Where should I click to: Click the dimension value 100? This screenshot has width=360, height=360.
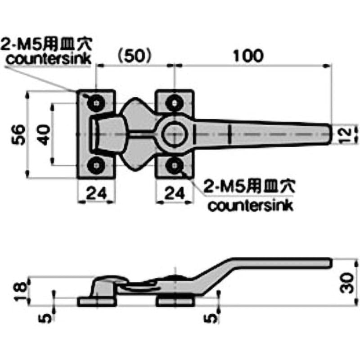248,56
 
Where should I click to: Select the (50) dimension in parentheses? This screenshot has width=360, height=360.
134,56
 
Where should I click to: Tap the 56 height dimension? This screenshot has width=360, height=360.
18,135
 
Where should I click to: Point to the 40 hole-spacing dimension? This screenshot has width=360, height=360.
44,135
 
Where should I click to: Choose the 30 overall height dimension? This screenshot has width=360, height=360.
346,283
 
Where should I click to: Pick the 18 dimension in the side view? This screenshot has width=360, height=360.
20,292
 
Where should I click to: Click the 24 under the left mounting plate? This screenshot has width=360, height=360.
96,193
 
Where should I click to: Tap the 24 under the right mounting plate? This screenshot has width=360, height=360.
175,193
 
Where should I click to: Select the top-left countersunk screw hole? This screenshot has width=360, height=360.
96,103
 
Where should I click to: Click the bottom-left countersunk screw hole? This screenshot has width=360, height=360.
96,165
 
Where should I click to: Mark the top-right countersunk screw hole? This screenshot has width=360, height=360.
175,103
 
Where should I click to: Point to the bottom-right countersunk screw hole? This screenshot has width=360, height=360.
175,165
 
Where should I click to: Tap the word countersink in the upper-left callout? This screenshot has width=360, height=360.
49,59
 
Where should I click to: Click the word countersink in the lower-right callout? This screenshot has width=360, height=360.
251,206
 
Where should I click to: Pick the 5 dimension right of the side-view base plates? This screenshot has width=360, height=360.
211,318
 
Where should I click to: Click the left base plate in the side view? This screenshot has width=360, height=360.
96,302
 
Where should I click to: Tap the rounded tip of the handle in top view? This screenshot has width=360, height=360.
331,135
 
